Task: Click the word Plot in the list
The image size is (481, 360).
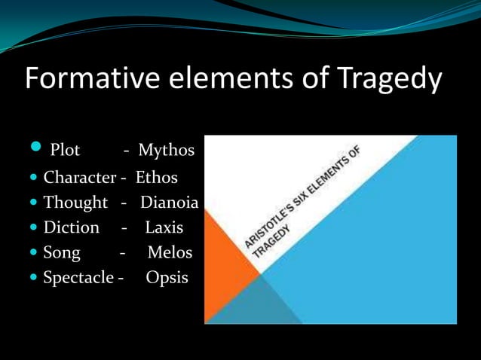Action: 65,151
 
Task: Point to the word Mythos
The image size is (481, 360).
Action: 166,151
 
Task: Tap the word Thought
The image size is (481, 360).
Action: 76,203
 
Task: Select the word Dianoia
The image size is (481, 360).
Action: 170,203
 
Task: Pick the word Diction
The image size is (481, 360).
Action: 72,227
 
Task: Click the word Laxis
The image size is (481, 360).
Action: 164,227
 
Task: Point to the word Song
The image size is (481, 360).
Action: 62,252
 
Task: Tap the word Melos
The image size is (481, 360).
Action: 170,252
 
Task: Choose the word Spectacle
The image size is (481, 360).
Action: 79,278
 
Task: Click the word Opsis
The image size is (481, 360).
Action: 167,278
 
